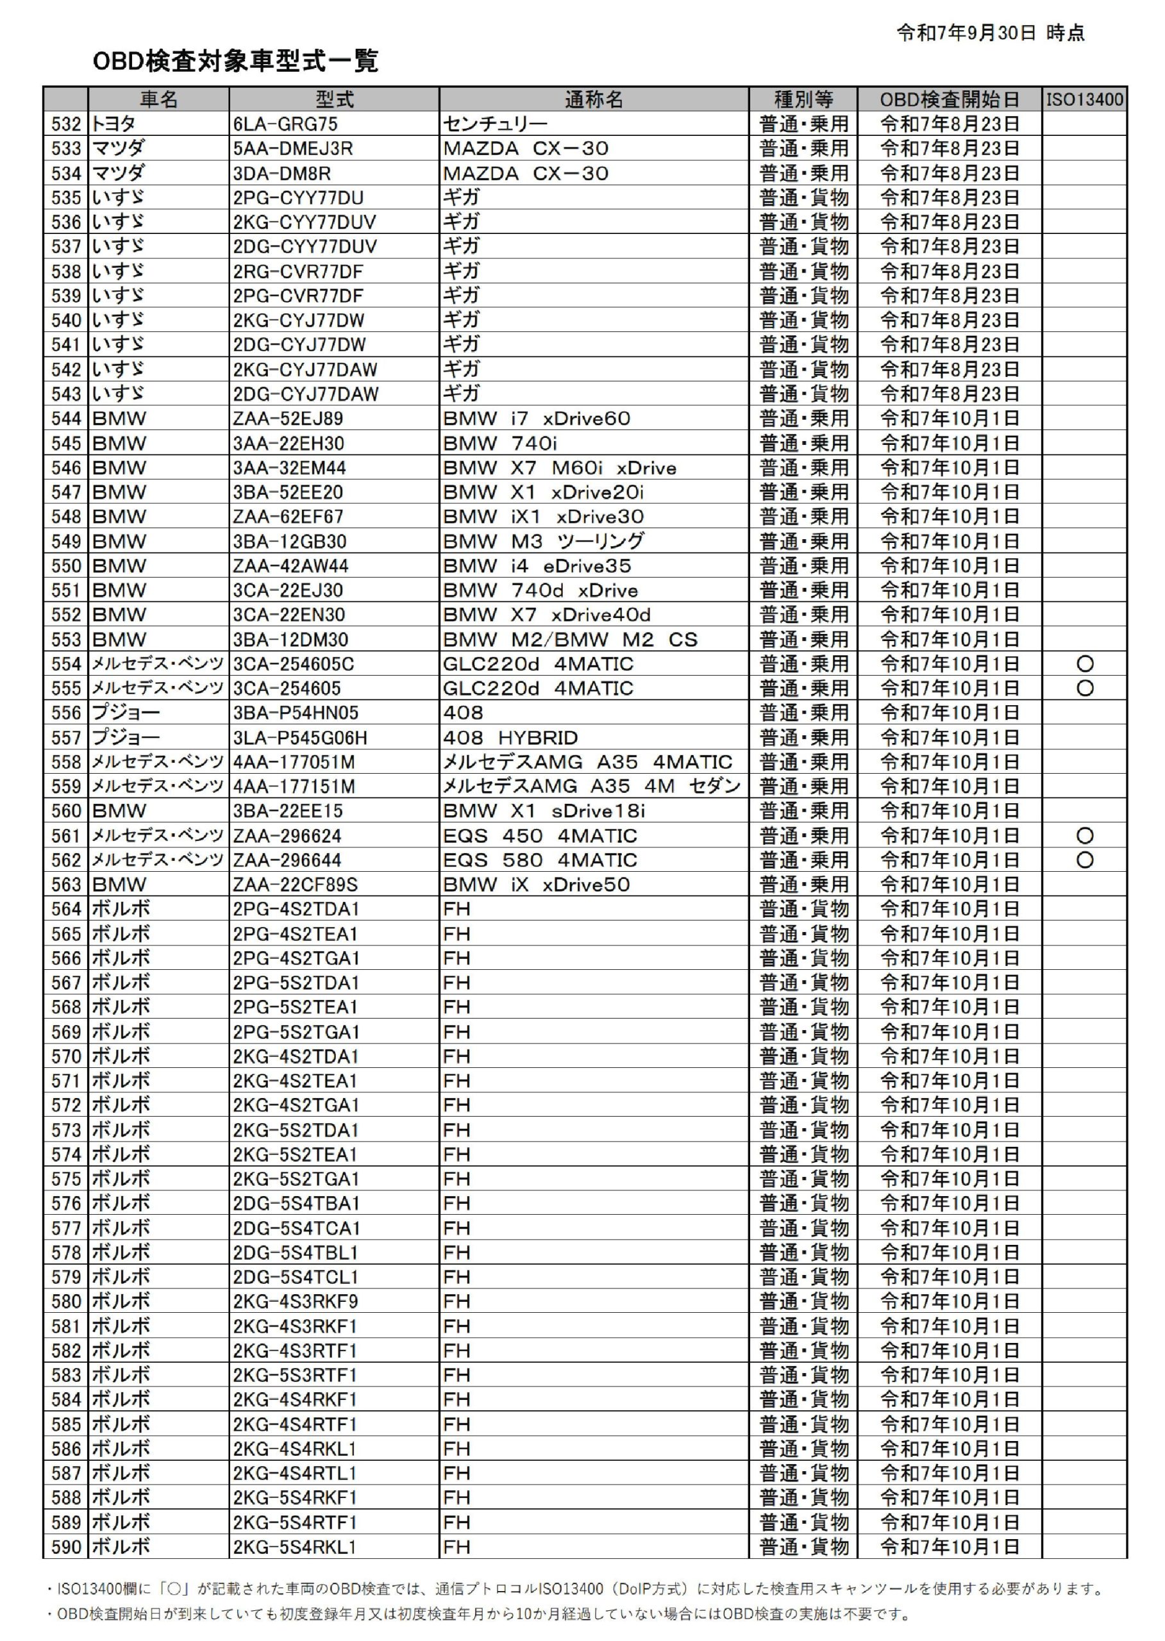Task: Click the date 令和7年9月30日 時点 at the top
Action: [990, 32]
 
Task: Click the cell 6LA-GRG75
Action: [285, 124]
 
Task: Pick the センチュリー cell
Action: [495, 124]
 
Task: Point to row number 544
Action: [66, 418]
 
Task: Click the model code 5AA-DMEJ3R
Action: [292, 149]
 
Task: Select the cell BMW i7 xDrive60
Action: [537, 418]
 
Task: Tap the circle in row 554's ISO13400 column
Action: [1085, 663]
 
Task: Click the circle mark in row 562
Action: [1085, 860]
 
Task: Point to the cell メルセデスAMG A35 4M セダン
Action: [591, 786]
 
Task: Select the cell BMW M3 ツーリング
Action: [543, 541]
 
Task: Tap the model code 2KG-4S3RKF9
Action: [295, 1301]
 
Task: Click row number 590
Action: [66, 1546]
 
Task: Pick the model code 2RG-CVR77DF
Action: [298, 271]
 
